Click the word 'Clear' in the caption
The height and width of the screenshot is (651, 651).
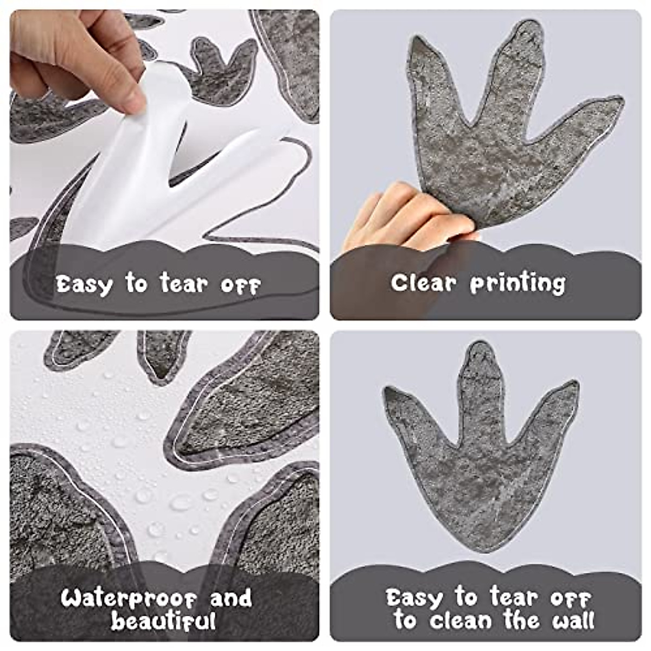point(423,283)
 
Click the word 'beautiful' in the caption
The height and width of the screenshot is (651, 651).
point(163,621)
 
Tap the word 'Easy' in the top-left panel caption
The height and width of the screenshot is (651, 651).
point(84,284)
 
